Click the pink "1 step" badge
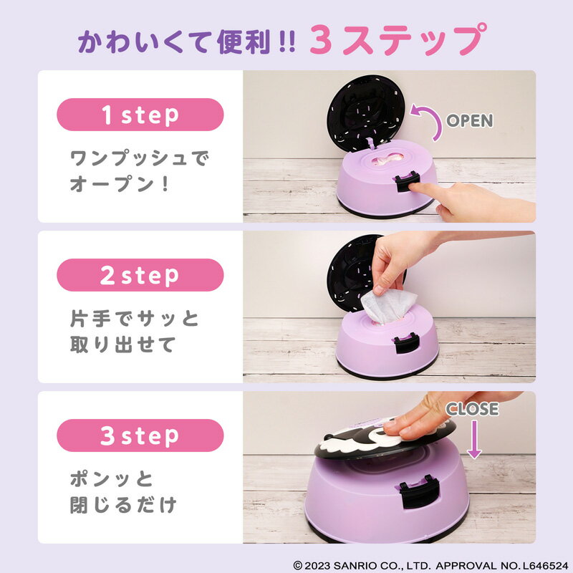click(x=140, y=115)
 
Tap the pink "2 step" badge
click(x=140, y=275)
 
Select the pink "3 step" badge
click(x=140, y=435)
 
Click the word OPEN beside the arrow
click(x=470, y=120)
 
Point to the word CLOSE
click(x=472, y=409)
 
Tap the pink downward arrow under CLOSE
click(x=474, y=438)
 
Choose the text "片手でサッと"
click(x=134, y=317)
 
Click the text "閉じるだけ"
click(x=122, y=505)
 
